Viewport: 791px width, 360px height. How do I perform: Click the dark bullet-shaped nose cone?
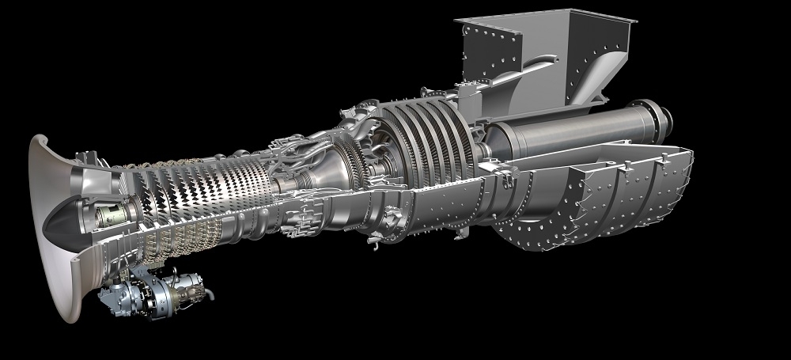(x=60, y=224)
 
